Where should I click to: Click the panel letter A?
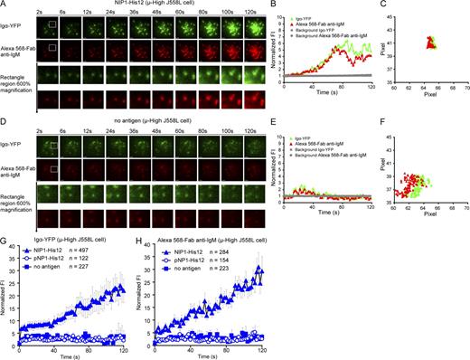point(5,5)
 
